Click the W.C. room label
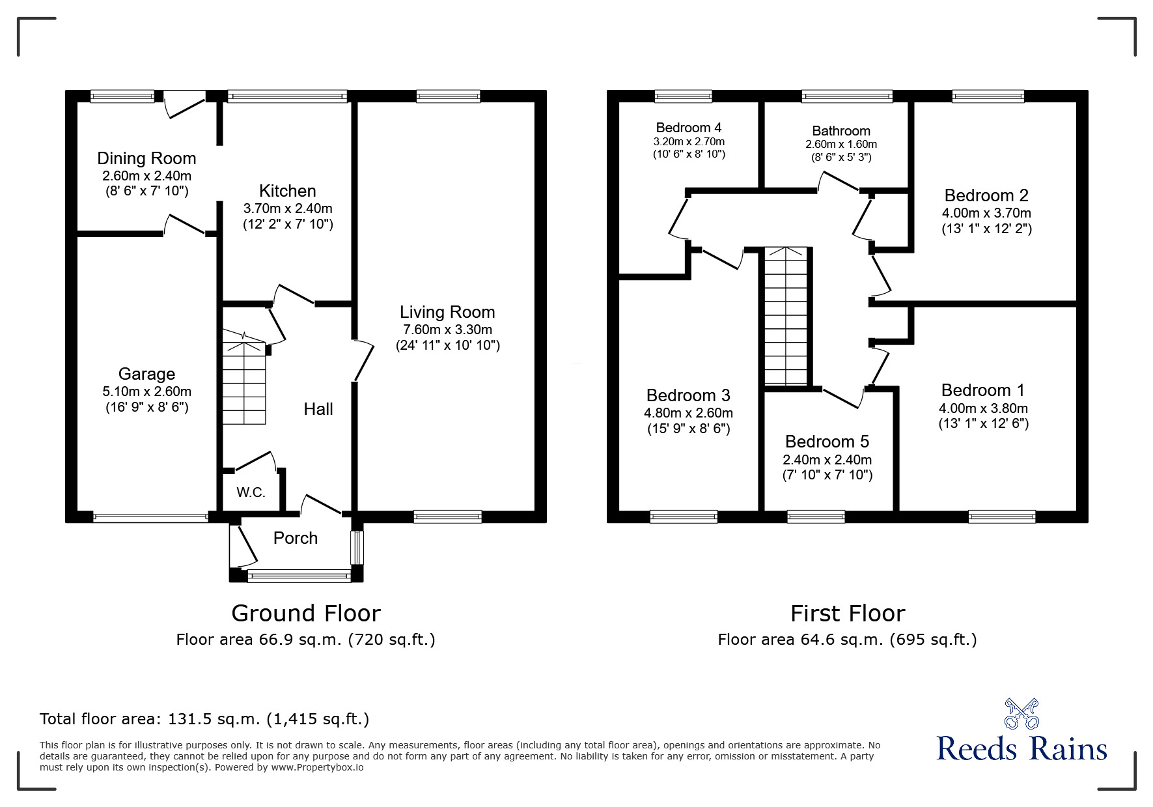251,492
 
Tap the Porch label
296,538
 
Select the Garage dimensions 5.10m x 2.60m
146,391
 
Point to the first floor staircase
786,317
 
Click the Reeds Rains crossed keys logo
1021,713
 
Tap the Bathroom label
840,131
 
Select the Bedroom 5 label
827,442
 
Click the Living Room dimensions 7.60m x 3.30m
447,330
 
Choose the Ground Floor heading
305,614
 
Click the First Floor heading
847,614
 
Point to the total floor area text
204,719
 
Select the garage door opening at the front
150,518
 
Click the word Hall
318,409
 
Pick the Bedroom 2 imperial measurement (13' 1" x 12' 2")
986,229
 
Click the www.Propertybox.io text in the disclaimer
317,767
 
